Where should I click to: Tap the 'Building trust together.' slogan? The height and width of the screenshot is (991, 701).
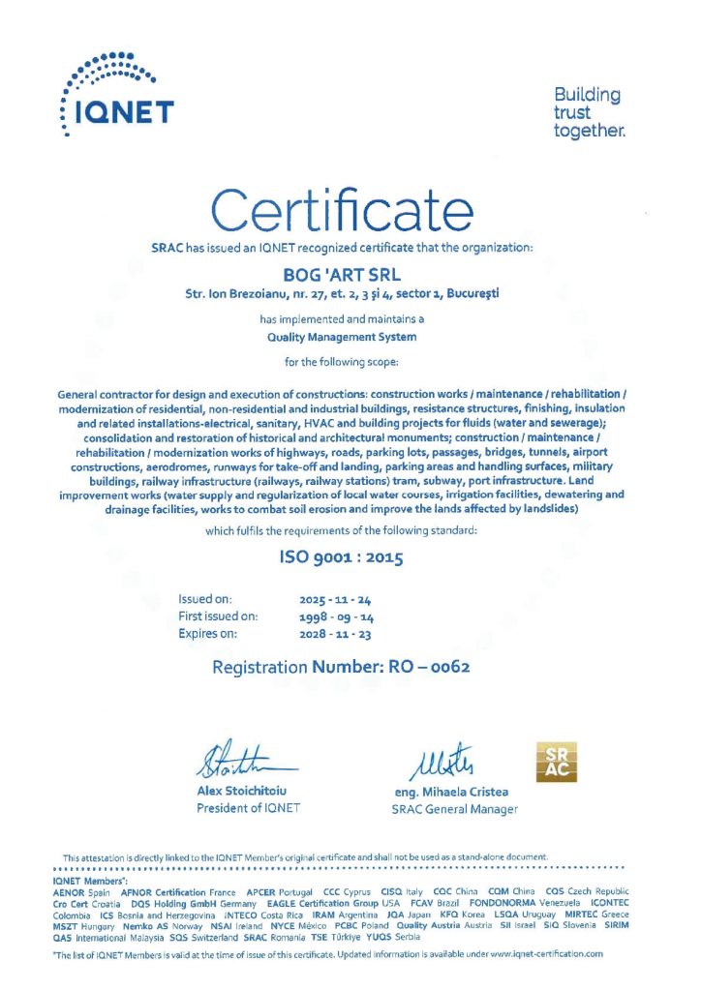point(587,112)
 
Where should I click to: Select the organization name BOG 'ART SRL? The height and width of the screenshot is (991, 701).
point(343,275)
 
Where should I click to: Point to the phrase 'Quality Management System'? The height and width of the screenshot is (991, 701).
point(342,338)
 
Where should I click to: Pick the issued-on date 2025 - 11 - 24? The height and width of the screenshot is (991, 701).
point(329,600)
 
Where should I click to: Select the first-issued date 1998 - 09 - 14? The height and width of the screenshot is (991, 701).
point(329,616)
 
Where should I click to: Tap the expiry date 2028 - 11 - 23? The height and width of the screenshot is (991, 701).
point(329,634)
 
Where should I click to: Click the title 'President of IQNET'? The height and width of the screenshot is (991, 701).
point(249,808)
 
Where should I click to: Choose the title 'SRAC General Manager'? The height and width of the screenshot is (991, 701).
point(454,809)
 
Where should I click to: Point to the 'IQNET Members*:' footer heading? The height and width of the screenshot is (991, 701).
point(90,882)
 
